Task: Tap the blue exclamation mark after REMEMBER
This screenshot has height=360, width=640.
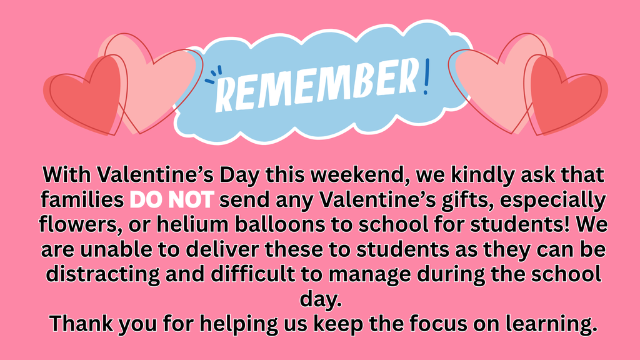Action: (426, 76)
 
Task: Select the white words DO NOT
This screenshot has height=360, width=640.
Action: (172, 201)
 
